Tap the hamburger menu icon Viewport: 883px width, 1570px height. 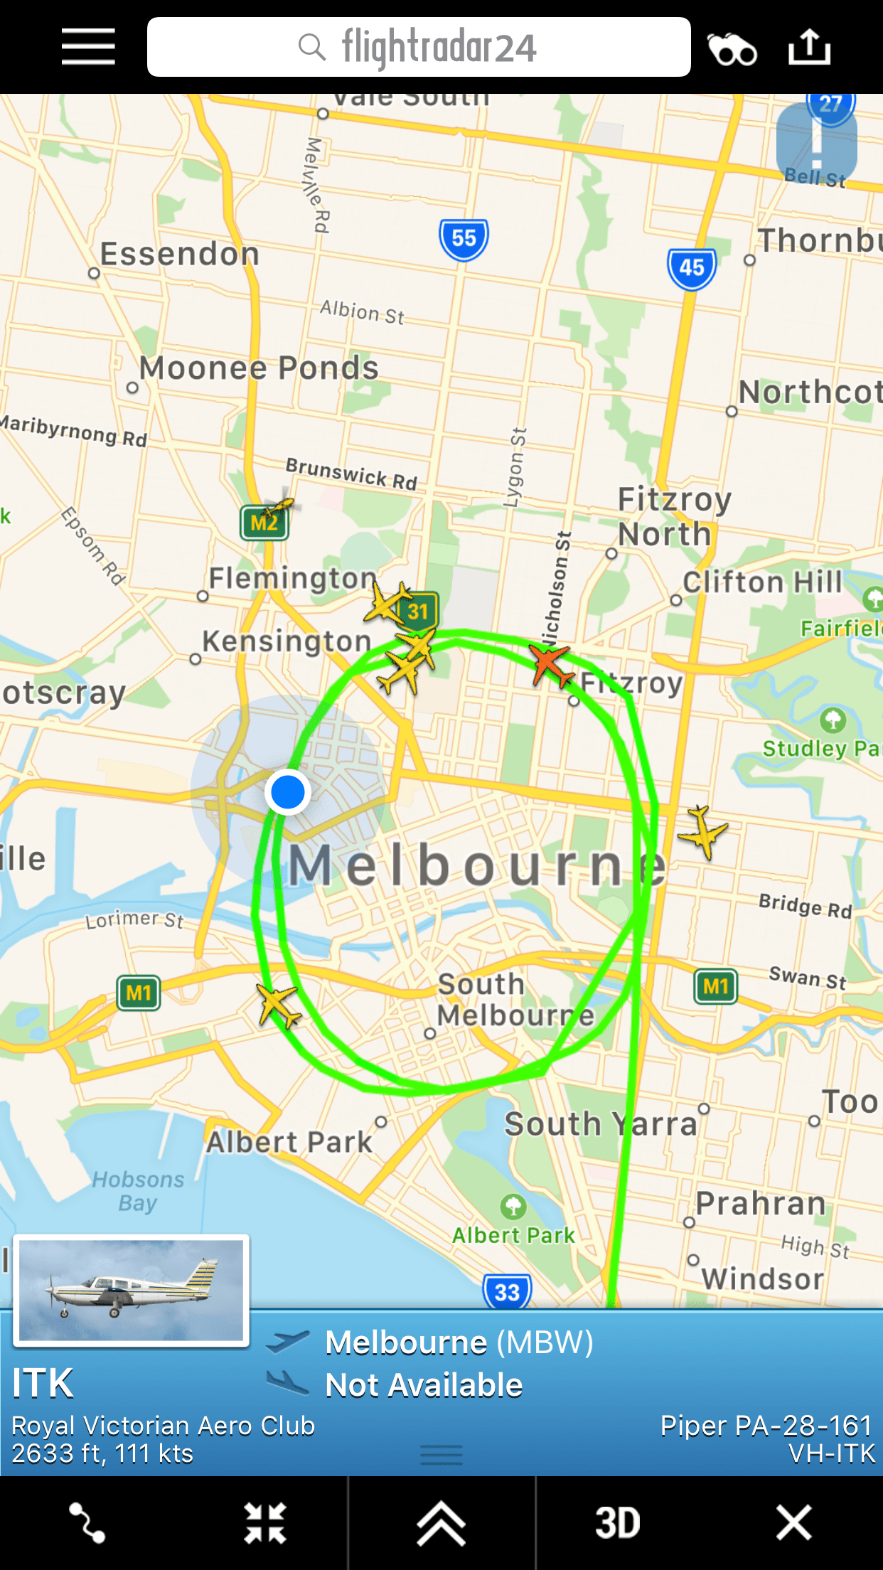tap(88, 47)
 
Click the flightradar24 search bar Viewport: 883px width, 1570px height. tap(418, 47)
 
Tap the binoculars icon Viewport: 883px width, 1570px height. tap(732, 48)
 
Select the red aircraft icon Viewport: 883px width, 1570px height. tap(551, 664)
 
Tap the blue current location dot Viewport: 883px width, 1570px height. tap(288, 791)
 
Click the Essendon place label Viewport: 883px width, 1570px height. tap(179, 255)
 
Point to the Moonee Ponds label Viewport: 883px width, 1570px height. tap(259, 368)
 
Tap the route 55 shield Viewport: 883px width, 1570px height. tap(464, 239)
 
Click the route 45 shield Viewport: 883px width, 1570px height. tap(691, 268)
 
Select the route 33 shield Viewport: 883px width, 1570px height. tap(507, 1291)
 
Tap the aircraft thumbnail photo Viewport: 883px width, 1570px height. tap(132, 1291)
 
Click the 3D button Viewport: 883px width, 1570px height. tap(617, 1523)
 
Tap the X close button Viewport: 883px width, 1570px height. tap(793, 1523)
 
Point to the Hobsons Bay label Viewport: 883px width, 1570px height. tap(138, 1191)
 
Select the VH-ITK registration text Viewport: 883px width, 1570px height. tap(832, 1454)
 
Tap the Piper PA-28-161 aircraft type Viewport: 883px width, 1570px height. tap(766, 1426)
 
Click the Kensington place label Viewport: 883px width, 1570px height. tap(287, 641)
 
